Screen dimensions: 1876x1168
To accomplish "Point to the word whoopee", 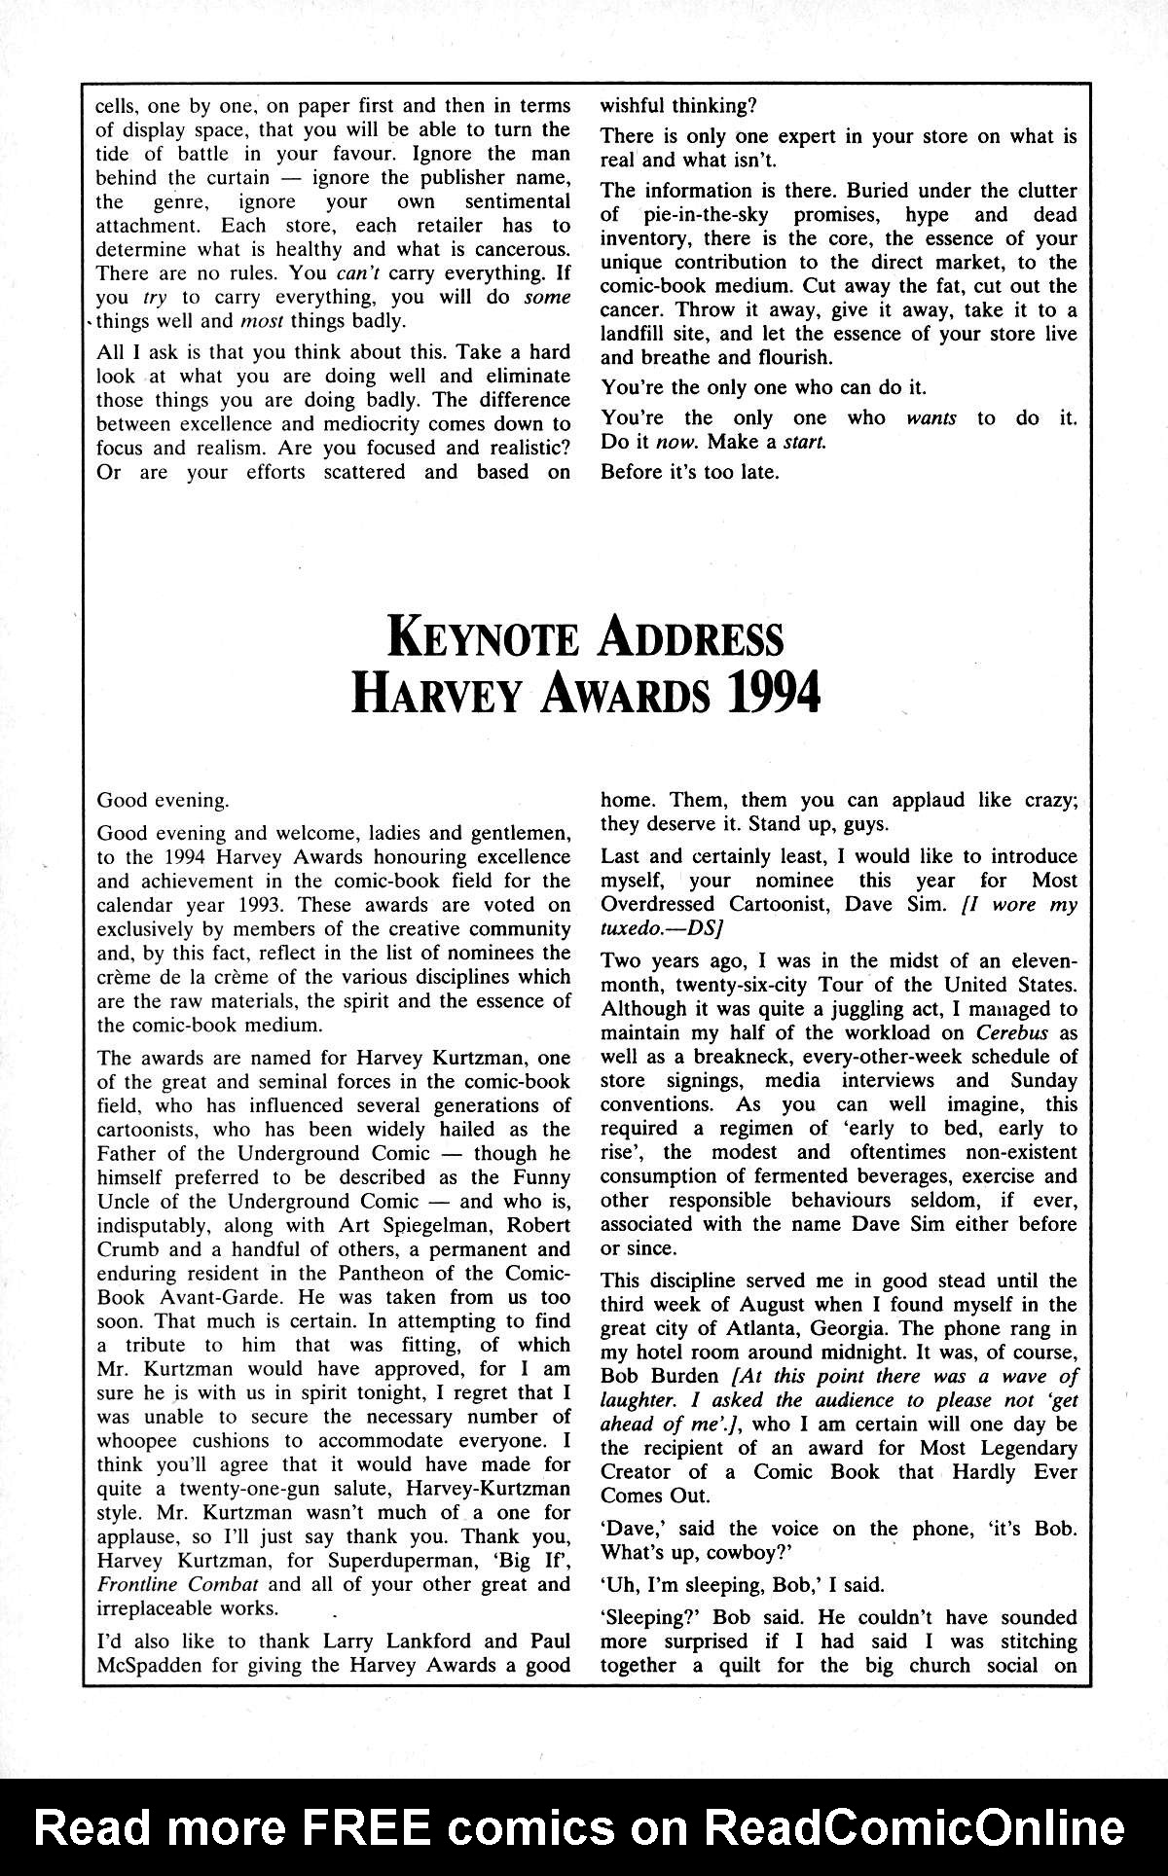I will pos(141,1440).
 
